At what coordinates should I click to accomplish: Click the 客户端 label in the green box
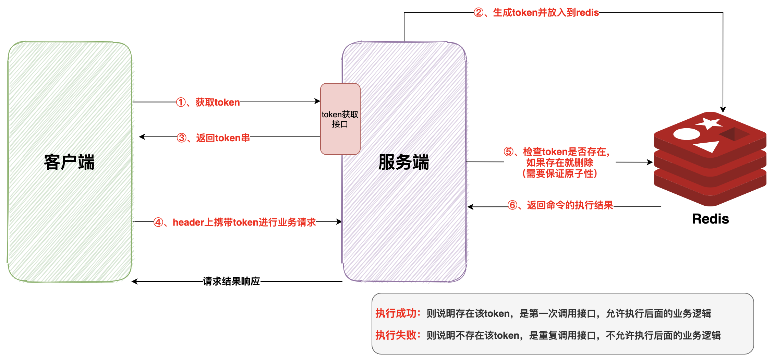coord(69,162)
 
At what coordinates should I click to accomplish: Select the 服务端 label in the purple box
coord(403,162)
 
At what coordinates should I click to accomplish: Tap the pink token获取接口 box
coord(340,119)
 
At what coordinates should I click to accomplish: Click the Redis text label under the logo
coord(710,219)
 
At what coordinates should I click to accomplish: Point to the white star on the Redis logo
coord(709,123)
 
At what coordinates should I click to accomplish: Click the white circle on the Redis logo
coord(686,134)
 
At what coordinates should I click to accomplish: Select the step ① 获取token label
coord(208,102)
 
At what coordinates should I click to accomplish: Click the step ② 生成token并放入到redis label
coord(536,13)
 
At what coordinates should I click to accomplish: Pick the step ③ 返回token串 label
coord(213,138)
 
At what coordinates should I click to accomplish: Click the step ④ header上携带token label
coord(234,222)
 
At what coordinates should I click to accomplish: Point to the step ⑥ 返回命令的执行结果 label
coord(560,205)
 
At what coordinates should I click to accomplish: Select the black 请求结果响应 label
coord(231,281)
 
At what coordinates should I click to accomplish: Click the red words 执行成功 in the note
coord(396,313)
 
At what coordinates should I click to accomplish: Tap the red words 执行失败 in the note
coord(396,335)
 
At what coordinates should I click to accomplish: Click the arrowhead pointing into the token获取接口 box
coord(318,101)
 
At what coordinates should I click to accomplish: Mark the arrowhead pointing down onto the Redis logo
coord(723,110)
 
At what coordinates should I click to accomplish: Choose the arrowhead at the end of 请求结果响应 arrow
coord(134,281)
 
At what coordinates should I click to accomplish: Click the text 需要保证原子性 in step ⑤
coord(560,173)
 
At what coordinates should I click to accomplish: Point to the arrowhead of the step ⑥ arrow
coord(470,207)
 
